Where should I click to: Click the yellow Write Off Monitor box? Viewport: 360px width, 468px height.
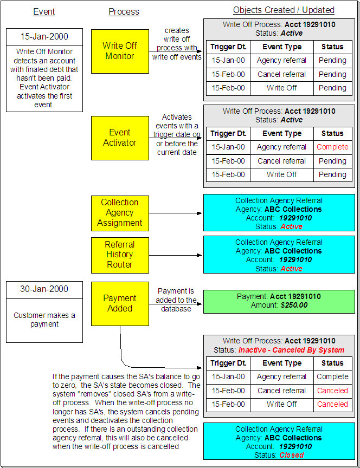pos(120,51)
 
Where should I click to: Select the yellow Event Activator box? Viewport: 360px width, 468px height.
pos(120,138)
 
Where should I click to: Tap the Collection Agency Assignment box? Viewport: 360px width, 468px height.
pos(120,212)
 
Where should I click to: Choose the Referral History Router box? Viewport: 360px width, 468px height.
pos(120,254)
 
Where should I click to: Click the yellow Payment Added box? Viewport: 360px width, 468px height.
pos(120,303)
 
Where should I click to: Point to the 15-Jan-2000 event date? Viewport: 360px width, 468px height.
pos(44,37)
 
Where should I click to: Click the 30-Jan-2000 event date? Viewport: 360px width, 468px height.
pos(44,289)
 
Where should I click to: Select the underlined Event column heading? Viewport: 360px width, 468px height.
pos(44,11)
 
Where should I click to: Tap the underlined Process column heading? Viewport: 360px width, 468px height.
pos(124,11)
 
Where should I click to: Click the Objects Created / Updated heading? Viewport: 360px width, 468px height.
pos(284,10)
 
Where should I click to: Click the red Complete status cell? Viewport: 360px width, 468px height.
pos(332,147)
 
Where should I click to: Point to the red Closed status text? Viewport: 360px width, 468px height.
pos(291,455)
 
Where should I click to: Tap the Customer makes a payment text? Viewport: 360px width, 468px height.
pos(44,320)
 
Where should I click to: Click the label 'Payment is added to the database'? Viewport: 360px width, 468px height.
pos(176,300)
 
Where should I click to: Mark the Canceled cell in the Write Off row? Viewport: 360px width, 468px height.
pos(332,404)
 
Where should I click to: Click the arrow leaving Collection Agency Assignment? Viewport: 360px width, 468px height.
pos(176,213)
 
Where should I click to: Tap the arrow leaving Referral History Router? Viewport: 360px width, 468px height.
pos(176,255)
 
